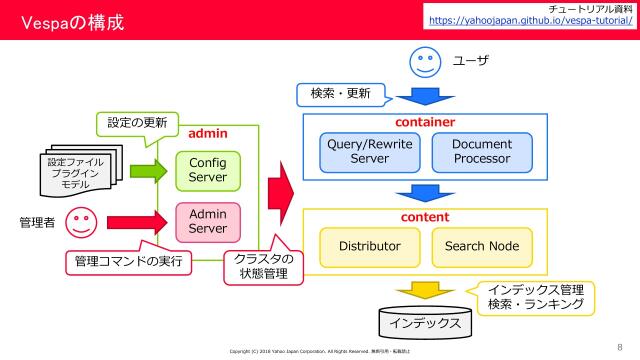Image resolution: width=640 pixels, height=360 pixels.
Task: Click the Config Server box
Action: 207,170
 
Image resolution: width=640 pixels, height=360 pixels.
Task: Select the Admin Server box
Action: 207,221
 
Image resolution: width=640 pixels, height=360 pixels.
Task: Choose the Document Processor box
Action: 481,151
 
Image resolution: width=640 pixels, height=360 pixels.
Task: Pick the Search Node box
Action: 481,245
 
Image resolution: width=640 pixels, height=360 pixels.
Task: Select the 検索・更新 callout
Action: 340,96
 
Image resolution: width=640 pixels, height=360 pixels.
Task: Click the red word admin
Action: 208,132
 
